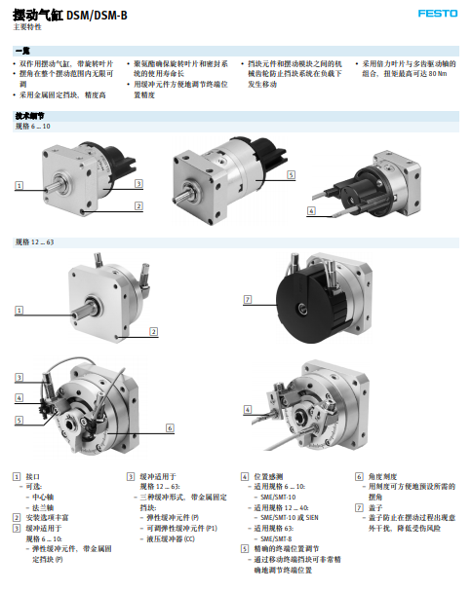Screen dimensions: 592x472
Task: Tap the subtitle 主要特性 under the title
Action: (x=27, y=27)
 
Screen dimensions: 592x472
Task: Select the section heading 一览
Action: (x=21, y=49)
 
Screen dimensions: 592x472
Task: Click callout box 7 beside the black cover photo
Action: (x=247, y=298)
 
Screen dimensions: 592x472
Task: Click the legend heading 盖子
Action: (x=375, y=507)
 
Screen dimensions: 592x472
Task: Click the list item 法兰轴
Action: (x=46, y=507)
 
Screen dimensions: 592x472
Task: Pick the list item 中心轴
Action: (x=46, y=497)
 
